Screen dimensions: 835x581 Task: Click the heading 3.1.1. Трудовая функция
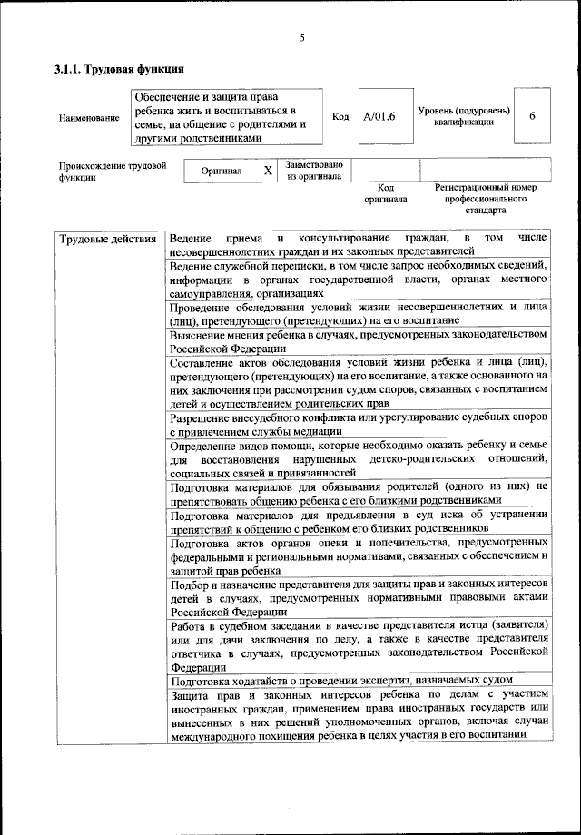[119, 69]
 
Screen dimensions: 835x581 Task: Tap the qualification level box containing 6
[532, 116]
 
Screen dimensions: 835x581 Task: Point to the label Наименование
[88, 118]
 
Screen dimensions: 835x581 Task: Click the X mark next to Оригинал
[267, 170]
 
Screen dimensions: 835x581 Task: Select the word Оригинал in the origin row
[222, 171]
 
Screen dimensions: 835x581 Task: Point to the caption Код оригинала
[386, 192]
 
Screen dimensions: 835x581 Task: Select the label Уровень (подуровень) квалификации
[464, 116]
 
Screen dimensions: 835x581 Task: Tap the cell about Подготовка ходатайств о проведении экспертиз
[359, 680]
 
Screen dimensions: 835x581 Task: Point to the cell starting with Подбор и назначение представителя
[359, 597]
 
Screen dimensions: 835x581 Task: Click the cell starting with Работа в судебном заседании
[359, 645]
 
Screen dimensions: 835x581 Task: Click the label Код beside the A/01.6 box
[340, 117]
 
